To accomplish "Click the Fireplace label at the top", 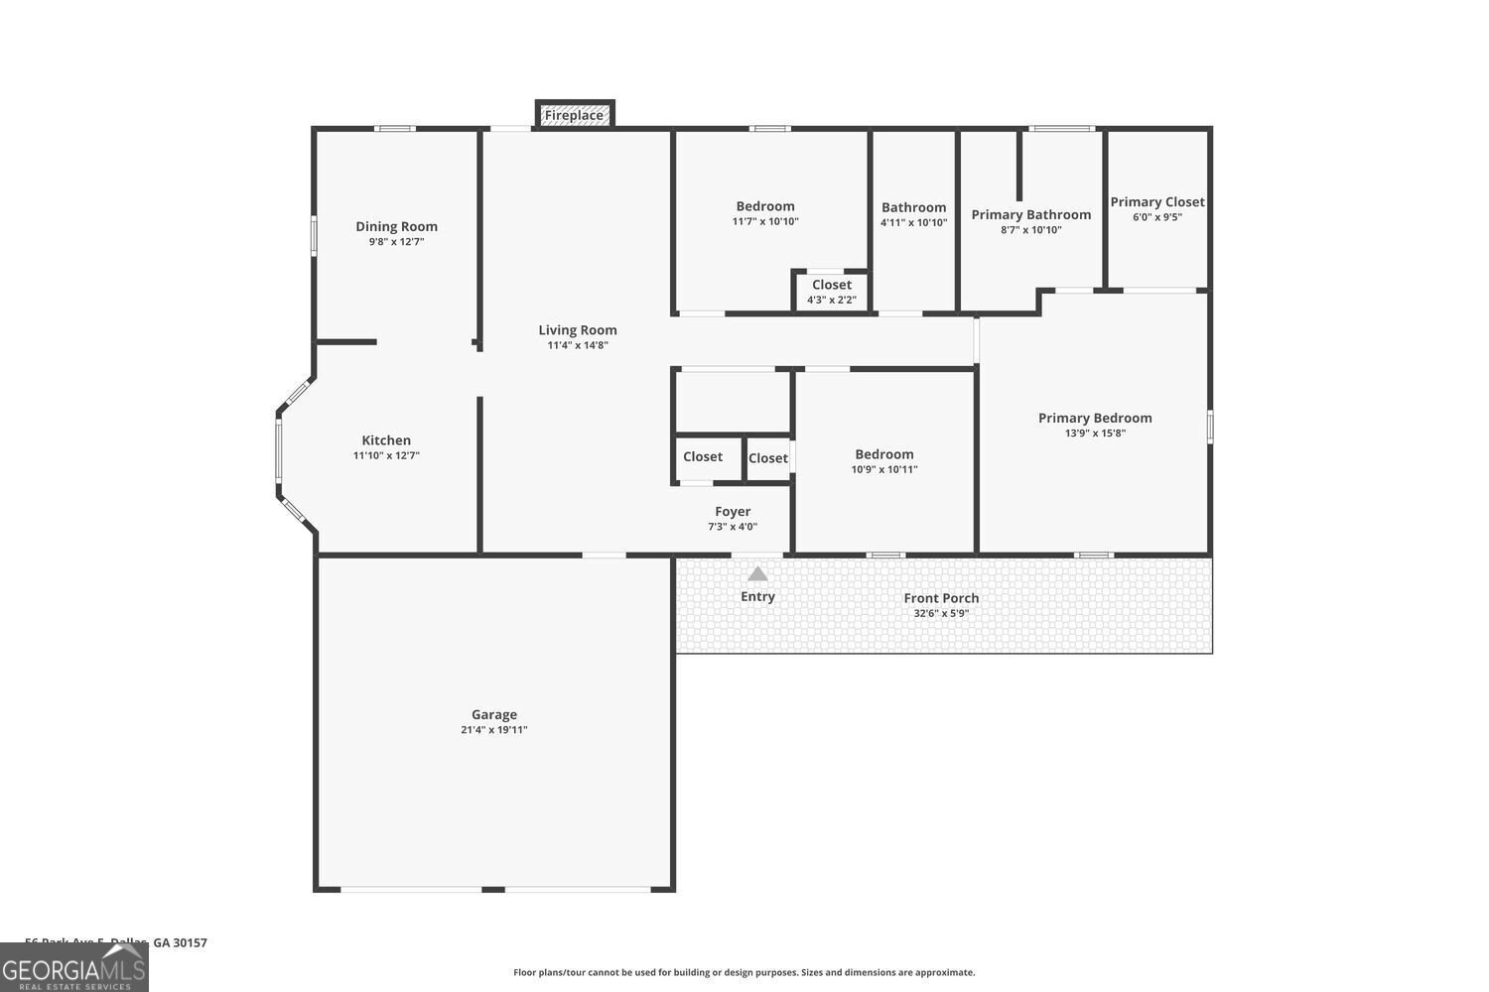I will point(574,115).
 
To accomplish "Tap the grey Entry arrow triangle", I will point(757,574).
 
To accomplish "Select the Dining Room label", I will point(396,226).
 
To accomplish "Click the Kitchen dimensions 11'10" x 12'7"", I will point(386,456).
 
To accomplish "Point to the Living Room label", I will point(578,330).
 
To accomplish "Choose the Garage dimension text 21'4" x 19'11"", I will point(494,730).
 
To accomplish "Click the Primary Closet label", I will point(1157,201).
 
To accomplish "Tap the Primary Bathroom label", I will point(1030,214).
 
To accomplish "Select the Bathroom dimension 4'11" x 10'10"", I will point(913,223).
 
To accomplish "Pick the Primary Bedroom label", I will point(1095,418).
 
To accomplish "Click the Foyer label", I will point(733,512).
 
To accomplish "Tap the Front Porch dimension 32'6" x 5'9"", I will point(941,614).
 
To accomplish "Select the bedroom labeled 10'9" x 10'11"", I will point(883,461).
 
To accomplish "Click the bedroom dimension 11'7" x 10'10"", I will point(765,222).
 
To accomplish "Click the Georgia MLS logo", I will point(73,967).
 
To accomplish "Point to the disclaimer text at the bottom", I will point(744,973).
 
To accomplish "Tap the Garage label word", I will point(494,714).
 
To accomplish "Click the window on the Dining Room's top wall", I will point(395,128).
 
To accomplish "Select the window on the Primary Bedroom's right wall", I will point(1210,427).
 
